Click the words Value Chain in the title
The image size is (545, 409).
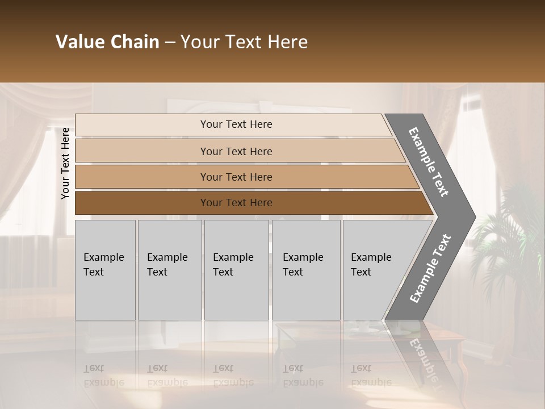(x=107, y=42)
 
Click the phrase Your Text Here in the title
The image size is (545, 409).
(x=244, y=42)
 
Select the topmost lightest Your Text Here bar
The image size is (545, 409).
(x=236, y=124)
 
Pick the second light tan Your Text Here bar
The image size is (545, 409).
(x=236, y=151)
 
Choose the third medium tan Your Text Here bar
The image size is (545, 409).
(x=236, y=177)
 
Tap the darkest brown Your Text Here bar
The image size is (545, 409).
(x=236, y=203)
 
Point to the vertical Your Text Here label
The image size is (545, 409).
(x=65, y=163)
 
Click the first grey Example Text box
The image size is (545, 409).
(x=105, y=269)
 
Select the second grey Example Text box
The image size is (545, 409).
(x=169, y=269)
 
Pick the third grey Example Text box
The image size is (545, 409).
(x=236, y=269)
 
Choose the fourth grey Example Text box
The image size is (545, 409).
(x=305, y=269)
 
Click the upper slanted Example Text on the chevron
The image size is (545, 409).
(x=429, y=161)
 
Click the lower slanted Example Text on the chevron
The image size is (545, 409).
(x=430, y=268)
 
